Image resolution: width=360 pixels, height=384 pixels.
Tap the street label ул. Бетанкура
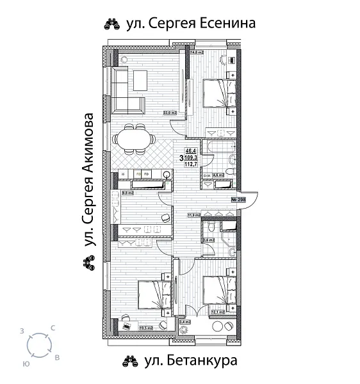190,360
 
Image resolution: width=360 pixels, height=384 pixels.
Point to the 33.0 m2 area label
170,113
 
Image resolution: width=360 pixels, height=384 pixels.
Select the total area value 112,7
190,163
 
